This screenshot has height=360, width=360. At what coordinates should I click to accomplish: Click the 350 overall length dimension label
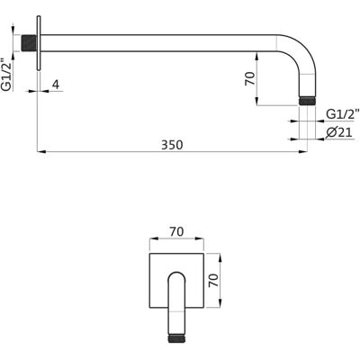click(x=172, y=145)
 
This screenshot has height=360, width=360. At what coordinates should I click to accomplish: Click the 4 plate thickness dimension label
click(x=56, y=85)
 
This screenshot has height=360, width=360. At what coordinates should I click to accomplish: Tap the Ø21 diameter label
click(x=339, y=132)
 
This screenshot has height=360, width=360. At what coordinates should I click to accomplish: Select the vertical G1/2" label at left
click(x=6, y=74)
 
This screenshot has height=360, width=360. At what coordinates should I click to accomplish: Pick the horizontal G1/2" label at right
click(x=343, y=114)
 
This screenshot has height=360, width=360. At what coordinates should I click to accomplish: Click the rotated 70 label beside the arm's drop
click(x=250, y=78)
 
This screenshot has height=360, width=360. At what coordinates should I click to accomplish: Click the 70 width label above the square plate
click(x=176, y=231)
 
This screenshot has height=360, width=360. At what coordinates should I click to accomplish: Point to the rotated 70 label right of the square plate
click(x=213, y=281)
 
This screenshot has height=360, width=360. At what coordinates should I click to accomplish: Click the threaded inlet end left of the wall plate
click(x=29, y=43)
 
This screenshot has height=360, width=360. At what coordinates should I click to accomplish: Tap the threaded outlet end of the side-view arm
click(x=307, y=101)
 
